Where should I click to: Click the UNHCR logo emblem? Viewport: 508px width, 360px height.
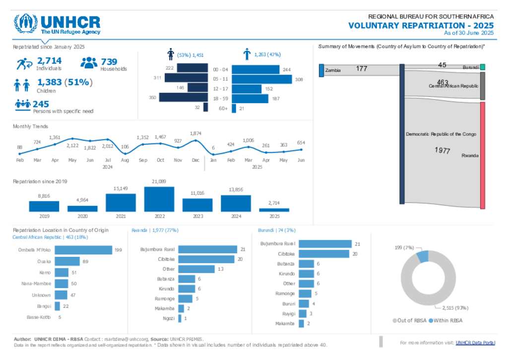point(25,23)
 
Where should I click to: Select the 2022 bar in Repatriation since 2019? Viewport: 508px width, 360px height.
point(159,199)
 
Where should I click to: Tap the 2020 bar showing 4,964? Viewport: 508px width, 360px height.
point(82,209)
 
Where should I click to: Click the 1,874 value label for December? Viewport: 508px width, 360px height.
point(196,133)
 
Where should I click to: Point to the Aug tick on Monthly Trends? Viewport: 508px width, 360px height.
point(125,160)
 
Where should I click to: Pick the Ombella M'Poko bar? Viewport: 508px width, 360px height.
point(83,250)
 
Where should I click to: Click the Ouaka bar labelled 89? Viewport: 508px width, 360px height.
point(67,261)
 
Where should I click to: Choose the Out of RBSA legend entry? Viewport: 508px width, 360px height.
point(409,321)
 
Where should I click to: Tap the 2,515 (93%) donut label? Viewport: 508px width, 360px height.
point(455,308)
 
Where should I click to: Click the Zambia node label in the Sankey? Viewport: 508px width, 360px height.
point(333,70)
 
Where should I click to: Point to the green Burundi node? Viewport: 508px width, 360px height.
point(482,67)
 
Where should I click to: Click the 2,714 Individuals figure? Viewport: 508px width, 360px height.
point(49,61)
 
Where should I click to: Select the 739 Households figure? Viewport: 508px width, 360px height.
point(109,61)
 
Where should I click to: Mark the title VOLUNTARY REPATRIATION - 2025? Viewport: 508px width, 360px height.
point(421,25)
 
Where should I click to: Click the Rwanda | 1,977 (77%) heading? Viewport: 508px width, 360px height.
point(155,230)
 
